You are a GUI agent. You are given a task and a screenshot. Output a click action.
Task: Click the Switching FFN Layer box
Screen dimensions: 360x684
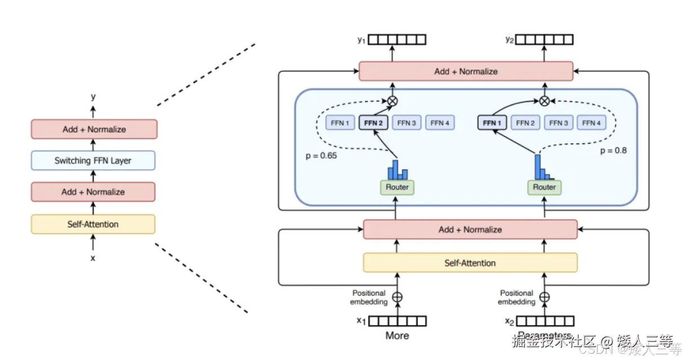(x=93, y=161)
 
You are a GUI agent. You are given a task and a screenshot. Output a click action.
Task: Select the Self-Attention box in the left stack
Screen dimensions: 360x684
(x=93, y=224)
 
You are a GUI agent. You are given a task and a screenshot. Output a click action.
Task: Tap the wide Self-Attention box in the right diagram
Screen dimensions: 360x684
(x=470, y=263)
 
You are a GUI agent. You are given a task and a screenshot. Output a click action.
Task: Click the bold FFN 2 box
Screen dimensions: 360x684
(x=374, y=122)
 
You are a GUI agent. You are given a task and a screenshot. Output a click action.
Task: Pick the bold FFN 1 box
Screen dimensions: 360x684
(x=492, y=122)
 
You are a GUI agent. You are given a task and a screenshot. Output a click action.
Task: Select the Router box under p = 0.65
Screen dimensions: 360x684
(x=398, y=187)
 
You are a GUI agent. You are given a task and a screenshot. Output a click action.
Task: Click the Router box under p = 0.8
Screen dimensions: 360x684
(x=545, y=187)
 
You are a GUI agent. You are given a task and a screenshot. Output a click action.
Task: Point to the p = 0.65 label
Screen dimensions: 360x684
(x=322, y=155)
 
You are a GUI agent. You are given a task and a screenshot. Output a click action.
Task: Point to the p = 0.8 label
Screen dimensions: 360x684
(x=613, y=151)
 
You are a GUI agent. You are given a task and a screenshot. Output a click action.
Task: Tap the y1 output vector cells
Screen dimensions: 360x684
(x=398, y=39)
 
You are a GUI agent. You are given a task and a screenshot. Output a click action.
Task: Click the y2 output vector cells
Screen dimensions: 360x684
(x=545, y=39)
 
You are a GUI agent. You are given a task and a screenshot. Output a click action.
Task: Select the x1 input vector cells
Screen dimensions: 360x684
(x=398, y=321)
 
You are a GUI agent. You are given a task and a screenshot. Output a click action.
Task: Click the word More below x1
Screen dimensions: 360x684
(x=397, y=336)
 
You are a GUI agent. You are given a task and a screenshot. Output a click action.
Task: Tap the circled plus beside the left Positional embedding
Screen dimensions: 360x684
(x=397, y=297)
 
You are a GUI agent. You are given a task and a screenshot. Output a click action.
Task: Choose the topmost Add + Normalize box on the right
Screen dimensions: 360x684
(x=466, y=72)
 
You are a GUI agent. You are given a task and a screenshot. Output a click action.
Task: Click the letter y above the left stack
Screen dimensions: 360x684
(x=93, y=97)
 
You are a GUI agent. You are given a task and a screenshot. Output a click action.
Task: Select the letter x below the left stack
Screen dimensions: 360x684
(x=93, y=258)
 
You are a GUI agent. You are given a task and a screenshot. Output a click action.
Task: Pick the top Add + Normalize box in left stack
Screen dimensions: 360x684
(x=94, y=129)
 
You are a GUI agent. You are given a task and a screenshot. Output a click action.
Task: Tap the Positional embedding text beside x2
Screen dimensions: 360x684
(x=516, y=297)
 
